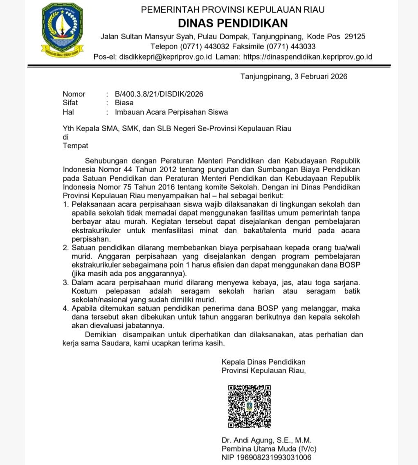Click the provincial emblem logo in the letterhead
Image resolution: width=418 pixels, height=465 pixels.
62,29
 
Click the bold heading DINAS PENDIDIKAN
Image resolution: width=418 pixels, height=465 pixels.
233,23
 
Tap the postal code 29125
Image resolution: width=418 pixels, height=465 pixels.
355,36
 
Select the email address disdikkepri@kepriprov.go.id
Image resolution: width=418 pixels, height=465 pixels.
165,57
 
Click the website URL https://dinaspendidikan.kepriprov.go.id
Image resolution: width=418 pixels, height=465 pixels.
307,57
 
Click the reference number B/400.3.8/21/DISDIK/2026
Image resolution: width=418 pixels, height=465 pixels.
159,94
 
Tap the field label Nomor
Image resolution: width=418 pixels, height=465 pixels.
74,94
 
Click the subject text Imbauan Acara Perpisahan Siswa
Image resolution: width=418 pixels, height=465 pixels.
171,112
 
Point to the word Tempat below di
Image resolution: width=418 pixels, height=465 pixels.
75,145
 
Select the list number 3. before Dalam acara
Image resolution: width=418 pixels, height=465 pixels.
66,283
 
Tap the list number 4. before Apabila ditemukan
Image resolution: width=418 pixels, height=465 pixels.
66,308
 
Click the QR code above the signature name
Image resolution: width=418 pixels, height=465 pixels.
249,406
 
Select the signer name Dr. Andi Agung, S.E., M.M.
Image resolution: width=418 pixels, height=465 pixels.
267,440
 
